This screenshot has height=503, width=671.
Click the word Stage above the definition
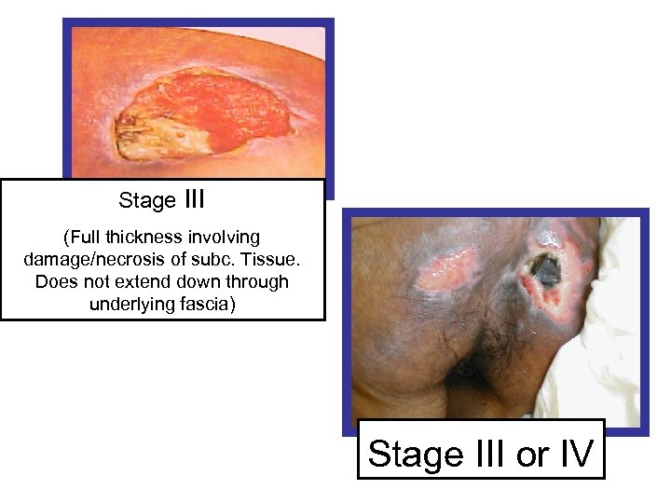pos(147,200)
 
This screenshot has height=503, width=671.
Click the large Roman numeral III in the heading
pos(196,198)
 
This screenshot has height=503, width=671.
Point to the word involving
pos(225,238)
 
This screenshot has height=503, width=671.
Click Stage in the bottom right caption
pos(416,455)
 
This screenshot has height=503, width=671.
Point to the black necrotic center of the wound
pos(545,270)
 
